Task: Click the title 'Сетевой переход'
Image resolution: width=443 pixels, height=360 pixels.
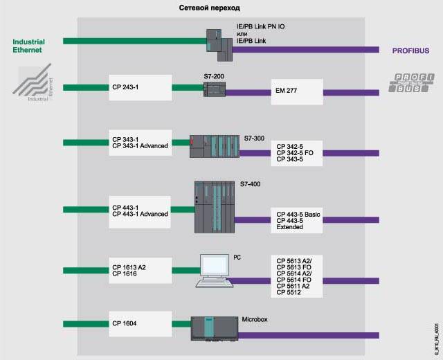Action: click(208, 7)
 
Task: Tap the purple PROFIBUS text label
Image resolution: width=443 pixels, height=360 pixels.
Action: click(411, 51)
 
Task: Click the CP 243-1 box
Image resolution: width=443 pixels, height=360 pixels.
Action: click(140, 88)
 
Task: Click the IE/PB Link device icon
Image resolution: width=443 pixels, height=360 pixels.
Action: click(220, 43)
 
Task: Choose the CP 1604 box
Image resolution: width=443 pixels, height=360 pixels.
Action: click(140, 323)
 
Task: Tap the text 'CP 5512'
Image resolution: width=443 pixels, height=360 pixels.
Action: click(289, 293)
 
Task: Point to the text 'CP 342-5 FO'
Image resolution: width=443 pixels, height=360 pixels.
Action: click(295, 153)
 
